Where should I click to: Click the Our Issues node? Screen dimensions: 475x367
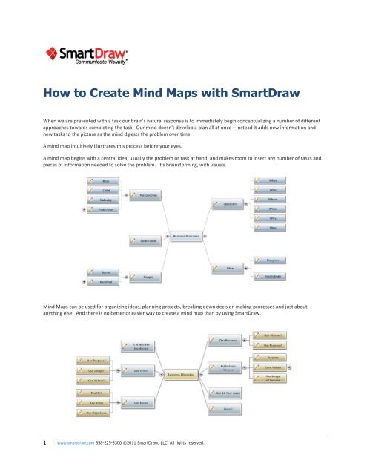141,404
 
